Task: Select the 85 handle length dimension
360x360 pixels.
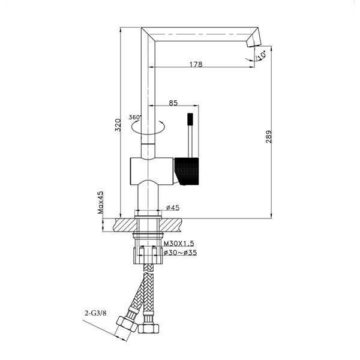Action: pos(173,103)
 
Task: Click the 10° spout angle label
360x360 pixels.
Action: pos(260,56)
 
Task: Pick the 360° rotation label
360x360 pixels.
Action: pos(134,117)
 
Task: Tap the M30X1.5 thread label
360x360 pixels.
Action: pos(179,244)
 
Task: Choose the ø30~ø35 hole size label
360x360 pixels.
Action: pos(180,253)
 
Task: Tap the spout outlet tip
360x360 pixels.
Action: pos(253,44)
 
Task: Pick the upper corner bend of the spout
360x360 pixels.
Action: pos(148,34)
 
